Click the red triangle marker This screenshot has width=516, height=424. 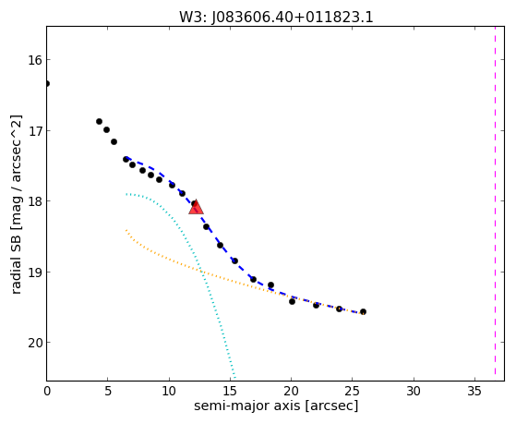click(x=196, y=207)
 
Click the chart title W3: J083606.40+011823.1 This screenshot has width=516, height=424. click(x=276, y=18)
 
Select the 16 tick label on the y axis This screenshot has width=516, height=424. click(x=34, y=60)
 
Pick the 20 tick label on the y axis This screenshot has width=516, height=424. click(x=34, y=343)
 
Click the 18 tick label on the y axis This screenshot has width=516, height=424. click(x=34, y=201)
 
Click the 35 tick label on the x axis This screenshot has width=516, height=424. click(x=474, y=391)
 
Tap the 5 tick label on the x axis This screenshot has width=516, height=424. click(x=108, y=391)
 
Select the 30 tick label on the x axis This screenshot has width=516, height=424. click(x=414, y=391)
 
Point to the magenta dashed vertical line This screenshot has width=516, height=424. click(x=495, y=200)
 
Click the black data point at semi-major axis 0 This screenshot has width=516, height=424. click(x=47, y=84)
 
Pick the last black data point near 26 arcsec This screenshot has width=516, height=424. click(x=363, y=311)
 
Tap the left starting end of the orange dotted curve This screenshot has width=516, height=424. click(x=126, y=230)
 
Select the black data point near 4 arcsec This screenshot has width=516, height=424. click(x=99, y=122)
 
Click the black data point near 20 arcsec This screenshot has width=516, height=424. click(x=292, y=301)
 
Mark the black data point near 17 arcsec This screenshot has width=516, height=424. click(x=253, y=279)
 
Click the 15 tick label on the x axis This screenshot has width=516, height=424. click(x=230, y=391)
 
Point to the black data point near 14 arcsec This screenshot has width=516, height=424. click(x=221, y=245)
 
